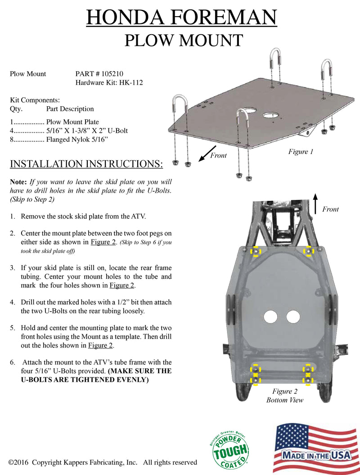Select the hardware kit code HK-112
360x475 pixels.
131,83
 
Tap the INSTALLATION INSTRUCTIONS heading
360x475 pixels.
86,164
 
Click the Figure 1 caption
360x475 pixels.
301,152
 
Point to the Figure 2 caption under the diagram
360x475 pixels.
285,391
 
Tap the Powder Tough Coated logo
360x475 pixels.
229,448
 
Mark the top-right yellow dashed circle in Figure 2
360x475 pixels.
308,251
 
